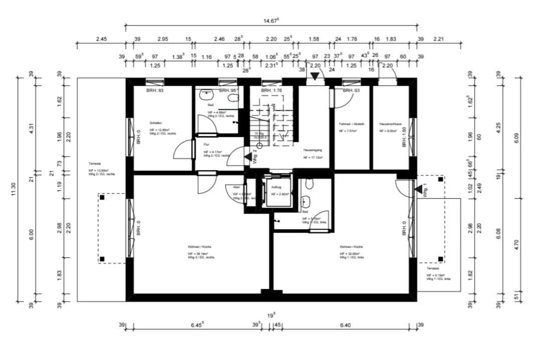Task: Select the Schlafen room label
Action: click(x=155, y=122)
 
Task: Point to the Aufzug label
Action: click(x=276, y=187)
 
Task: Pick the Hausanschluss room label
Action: click(x=389, y=123)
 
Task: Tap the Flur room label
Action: click(x=206, y=144)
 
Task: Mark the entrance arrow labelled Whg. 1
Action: click(x=418, y=189)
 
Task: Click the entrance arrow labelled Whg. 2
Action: click(x=248, y=156)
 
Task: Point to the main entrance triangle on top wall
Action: click(x=314, y=77)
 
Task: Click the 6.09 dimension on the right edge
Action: click(x=517, y=137)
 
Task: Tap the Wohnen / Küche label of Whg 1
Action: click(x=351, y=247)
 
